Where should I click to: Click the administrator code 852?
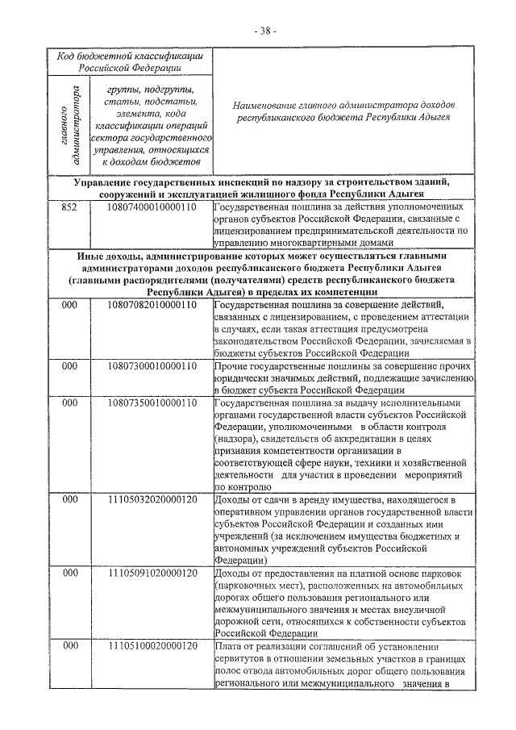[x=70, y=206]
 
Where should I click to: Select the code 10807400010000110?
[x=152, y=206]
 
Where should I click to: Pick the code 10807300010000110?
[x=152, y=365]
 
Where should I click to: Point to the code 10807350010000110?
[x=152, y=403]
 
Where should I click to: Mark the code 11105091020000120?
[x=152, y=574]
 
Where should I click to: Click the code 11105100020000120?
[x=152, y=646]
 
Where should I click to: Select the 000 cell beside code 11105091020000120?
[x=70, y=574]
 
